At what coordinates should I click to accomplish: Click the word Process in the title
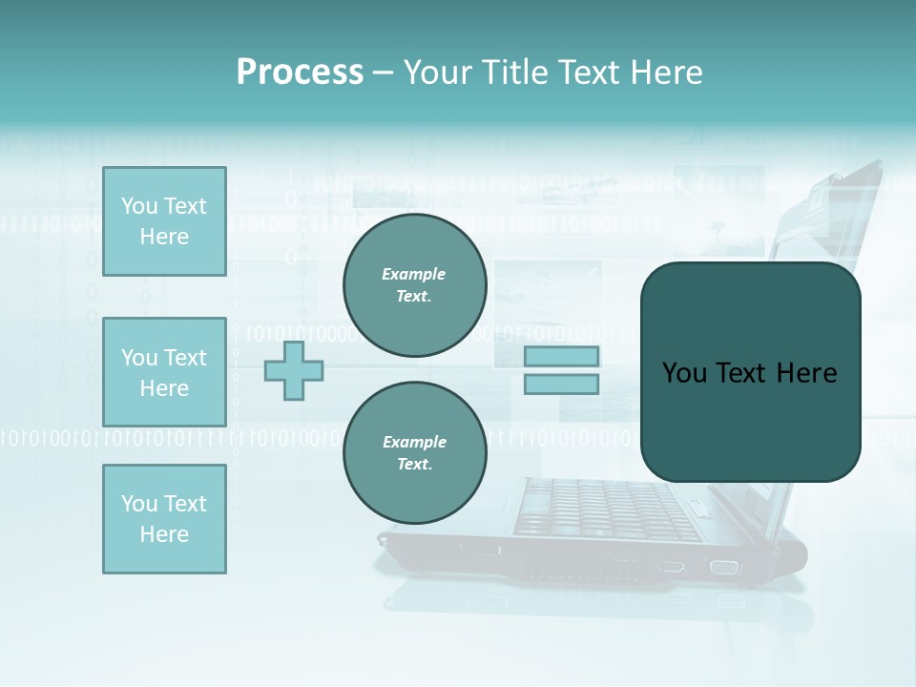(300, 73)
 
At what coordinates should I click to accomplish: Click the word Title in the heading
(514, 73)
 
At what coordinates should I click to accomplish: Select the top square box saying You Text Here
(164, 221)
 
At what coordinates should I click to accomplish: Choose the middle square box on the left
(164, 372)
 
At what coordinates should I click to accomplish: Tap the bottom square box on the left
(164, 519)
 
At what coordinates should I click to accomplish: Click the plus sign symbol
(294, 370)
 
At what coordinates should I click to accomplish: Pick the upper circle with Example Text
(414, 285)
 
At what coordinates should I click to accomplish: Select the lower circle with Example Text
(414, 452)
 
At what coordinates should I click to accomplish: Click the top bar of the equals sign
(561, 357)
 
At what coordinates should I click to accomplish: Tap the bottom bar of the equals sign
(561, 385)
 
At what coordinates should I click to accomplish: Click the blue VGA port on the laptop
(723, 568)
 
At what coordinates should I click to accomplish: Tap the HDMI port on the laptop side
(670, 567)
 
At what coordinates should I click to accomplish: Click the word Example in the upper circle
(414, 274)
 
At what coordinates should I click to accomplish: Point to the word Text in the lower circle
(413, 464)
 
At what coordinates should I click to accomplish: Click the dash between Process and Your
(383, 73)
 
